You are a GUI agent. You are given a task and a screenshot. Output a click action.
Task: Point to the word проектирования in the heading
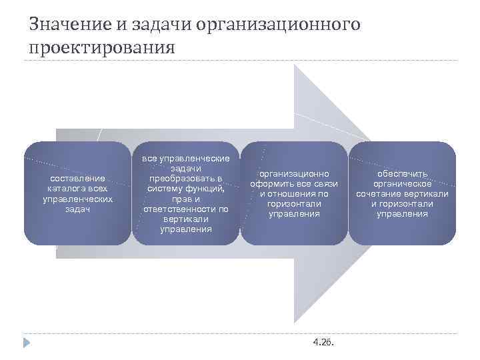(102, 49)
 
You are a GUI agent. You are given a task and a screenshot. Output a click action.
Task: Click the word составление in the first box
(77, 178)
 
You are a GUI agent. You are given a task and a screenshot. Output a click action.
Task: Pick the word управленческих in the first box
(77, 199)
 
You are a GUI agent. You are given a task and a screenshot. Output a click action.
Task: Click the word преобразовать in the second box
(186, 179)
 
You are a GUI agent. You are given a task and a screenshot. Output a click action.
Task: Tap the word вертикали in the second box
(186, 219)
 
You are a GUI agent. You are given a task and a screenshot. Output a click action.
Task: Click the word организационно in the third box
(294, 173)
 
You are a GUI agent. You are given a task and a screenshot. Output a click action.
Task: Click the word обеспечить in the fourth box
(402, 173)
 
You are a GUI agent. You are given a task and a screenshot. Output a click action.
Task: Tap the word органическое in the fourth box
(402, 183)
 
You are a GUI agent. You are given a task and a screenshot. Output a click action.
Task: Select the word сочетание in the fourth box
(379, 194)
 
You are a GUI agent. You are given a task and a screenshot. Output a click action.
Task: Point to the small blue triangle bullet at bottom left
(26, 343)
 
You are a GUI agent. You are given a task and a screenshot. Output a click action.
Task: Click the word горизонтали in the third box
(294, 204)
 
